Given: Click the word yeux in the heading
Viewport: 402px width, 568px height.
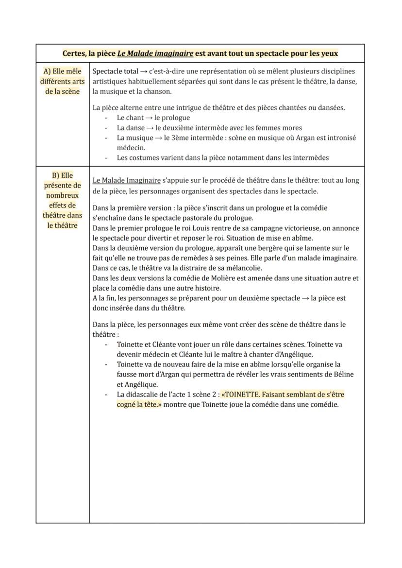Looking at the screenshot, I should (x=328, y=53).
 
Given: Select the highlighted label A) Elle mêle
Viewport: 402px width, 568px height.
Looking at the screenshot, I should (x=62, y=71).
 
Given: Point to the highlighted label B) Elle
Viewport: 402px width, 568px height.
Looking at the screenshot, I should (x=62, y=175).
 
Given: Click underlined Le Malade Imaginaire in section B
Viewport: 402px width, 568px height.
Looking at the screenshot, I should (x=126, y=180).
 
